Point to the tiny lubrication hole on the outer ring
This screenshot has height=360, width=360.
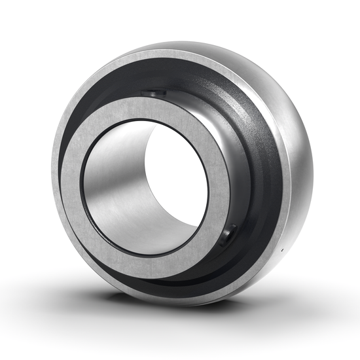(x=283, y=250)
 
